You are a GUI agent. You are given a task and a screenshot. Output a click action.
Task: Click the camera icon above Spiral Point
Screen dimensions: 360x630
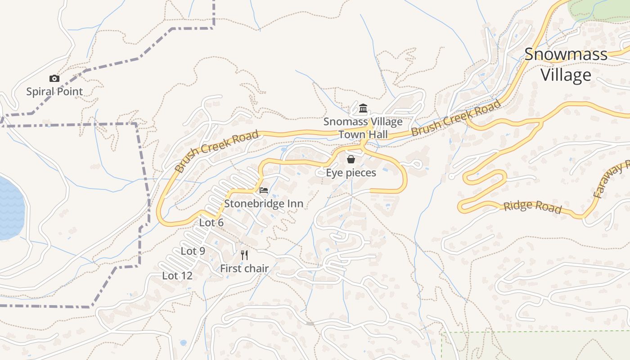pyautogui.click(x=54, y=79)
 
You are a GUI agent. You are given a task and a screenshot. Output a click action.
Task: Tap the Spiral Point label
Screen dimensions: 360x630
pyautogui.click(x=54, y=92)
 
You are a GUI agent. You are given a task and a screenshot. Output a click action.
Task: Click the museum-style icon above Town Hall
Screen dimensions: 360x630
pyautogui.click(x=363, y=108)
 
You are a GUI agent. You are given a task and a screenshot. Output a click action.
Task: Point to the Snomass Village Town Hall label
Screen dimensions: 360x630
pyautogui.click(x=363, y=128)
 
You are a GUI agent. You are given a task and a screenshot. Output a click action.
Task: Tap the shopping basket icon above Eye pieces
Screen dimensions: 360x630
pyautogui.click(x=351, y=159)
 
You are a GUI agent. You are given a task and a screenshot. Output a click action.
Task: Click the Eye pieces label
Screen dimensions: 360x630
pyautogui.click(x=351, y=172)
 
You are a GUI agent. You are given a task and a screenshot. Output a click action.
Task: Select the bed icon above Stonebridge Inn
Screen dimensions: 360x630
pyautogui.click(x=264, y=190)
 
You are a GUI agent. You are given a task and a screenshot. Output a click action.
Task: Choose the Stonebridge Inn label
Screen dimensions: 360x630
pyautogui.click(x=264, y=203)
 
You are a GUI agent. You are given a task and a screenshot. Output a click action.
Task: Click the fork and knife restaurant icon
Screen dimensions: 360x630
pyautogui.click(x=244, y=255)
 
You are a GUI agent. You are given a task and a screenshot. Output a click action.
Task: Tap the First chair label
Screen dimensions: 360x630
pyautogui.click(x=244, y=269)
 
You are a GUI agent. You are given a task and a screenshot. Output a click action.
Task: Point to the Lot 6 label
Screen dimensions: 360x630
pyautogui.click(x=211, y=223)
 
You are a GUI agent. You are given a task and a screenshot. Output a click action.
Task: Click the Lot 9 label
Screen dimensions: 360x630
pyautogui.click(x=193, y=251)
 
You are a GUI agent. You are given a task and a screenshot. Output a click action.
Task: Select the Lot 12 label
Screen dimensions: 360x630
pyautogui.click(x=177, y=276)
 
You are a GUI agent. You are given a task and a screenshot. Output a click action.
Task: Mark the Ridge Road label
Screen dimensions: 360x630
pyautogui.click(x=532, y=207)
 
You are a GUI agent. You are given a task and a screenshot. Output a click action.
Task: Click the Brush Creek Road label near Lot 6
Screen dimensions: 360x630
pyautogui.click(x=217, y=151)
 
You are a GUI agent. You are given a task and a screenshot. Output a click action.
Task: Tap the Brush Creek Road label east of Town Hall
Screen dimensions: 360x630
pyautogui.click(x=455, y=118)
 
